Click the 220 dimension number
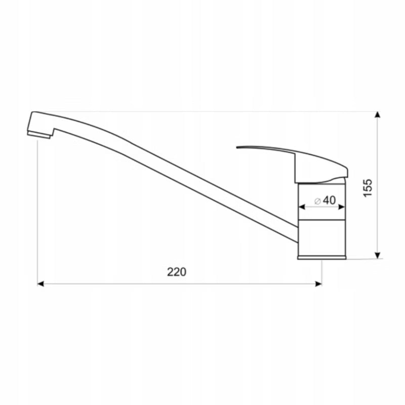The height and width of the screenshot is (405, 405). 176,272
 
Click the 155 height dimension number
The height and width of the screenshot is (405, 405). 368,188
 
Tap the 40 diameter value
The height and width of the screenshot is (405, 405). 330,200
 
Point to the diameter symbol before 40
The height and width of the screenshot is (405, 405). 318,201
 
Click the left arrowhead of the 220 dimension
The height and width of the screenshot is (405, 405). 40,284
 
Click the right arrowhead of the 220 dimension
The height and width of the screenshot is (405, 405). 318,284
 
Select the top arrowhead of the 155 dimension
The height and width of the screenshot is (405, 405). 378,115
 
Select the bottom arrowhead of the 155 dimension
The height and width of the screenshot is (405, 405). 378,255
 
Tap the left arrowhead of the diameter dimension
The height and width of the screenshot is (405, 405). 302,207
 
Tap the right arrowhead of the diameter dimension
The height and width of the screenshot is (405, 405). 341,207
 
